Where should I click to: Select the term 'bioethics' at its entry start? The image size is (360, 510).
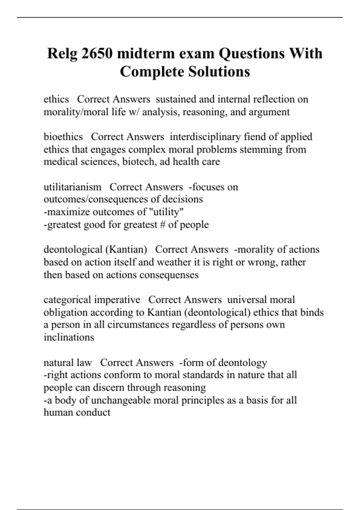click(63, 137)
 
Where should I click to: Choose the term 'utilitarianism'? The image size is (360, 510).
click(72, 187)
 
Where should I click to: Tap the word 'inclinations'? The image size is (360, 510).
click(69, 337)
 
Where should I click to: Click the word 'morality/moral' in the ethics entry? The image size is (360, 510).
click(76, 112)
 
